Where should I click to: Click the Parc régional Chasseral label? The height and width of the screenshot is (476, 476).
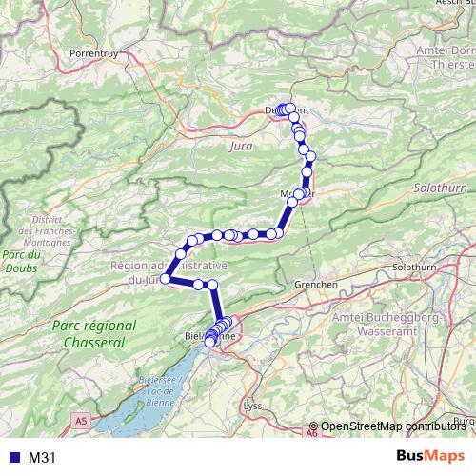(x=93, y=333)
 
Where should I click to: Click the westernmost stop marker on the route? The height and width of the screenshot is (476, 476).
(x=165, y=279)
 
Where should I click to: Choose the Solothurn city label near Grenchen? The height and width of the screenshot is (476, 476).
(x=413, y=268)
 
